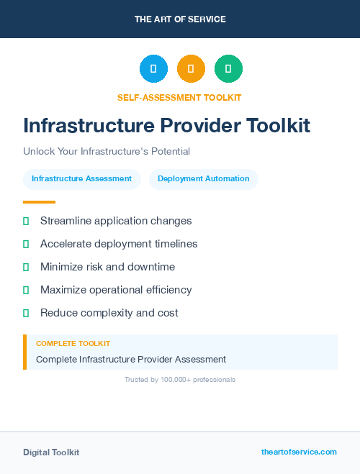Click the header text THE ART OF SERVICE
coord(180,19)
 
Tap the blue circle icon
coord(153,69)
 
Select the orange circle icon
coord(191,69)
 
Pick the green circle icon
coord(228,69)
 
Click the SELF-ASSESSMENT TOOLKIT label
coord(179,97)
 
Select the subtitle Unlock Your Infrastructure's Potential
coord(107,152)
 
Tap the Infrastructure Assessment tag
coord(81,179)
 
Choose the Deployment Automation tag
coord(203,179)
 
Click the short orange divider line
coord(39,202)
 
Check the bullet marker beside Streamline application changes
coord(26,221)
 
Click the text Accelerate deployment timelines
coord(119,244)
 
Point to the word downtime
coord(150,267)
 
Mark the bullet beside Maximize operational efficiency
coord(26,290)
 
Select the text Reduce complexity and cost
coord(109,313)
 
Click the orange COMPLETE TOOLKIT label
coord(73,344)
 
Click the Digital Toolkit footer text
coord(51,452)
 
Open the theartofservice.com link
coord(299,452)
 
